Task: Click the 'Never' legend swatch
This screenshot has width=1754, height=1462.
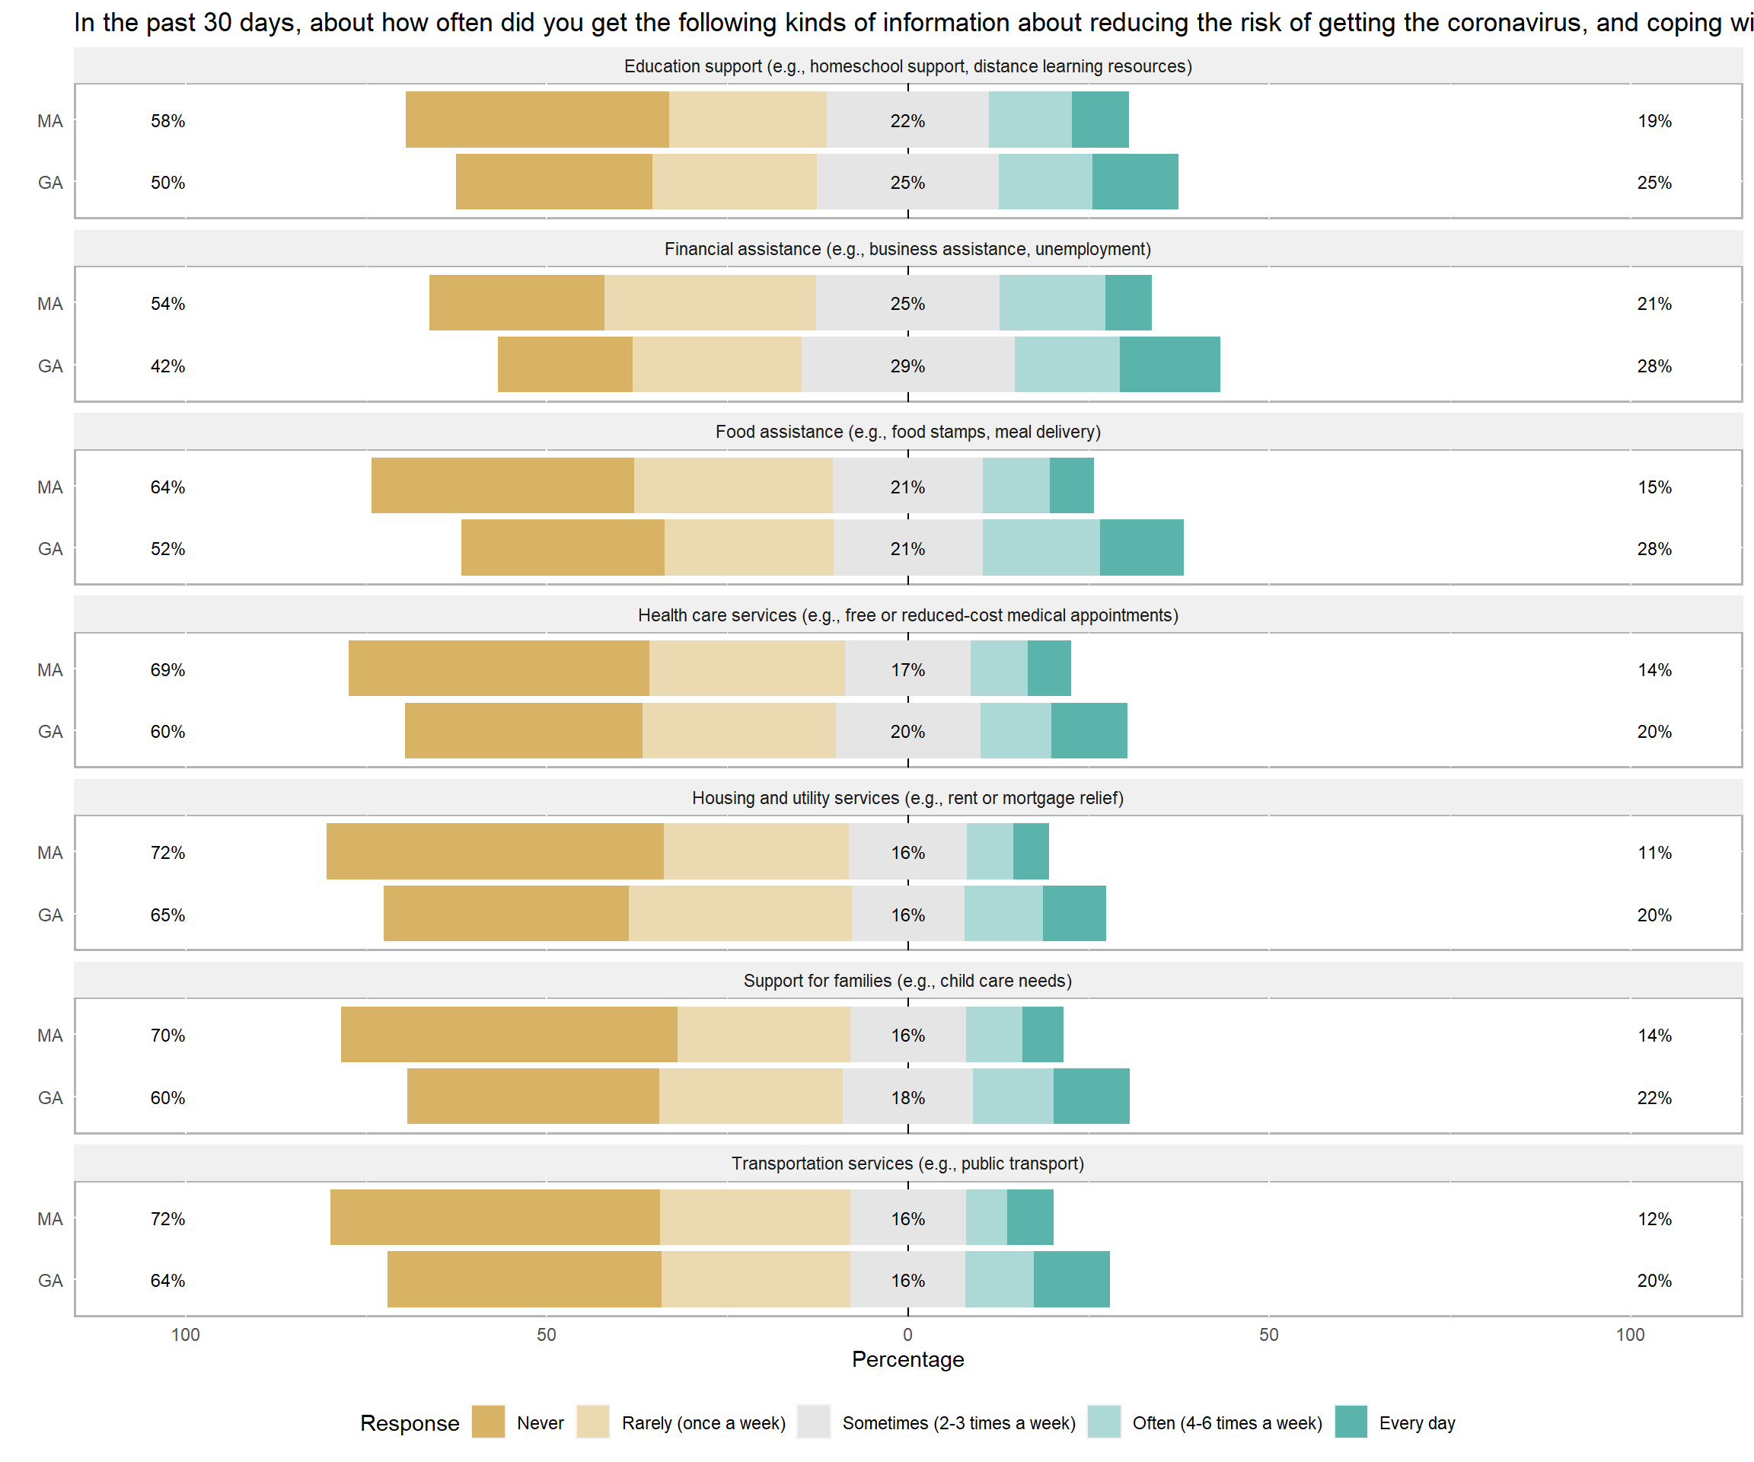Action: (488, 1422)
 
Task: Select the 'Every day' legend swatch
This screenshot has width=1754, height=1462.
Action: (1351, 1422)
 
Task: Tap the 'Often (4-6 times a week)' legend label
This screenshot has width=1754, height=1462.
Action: (1227, 1422)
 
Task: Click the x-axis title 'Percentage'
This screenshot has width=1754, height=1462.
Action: (908, 1359)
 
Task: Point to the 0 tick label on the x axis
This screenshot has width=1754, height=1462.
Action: (908, 1334)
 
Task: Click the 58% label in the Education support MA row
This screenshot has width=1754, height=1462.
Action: (168, 121)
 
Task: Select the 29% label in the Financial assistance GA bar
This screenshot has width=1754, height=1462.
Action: (908, 366)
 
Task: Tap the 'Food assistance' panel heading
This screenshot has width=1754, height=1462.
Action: (908, 432)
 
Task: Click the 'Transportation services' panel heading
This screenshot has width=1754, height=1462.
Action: (908, 1164)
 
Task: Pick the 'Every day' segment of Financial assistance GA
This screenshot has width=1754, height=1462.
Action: (1169, 364)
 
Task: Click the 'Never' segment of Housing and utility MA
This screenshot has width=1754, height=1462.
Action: (496, 851)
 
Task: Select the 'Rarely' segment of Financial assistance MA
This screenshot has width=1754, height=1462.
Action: (710, 302)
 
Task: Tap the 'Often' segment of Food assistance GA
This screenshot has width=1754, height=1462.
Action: (1041, 547)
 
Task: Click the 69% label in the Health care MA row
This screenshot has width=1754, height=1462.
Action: (168, 670)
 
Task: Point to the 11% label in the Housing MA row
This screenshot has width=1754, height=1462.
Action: (1654, 853)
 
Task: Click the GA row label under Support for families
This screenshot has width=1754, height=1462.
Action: (50, 1098)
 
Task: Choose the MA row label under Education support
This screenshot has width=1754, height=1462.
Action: (50, 121)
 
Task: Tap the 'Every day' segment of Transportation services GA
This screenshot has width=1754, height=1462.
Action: (1072, 1279)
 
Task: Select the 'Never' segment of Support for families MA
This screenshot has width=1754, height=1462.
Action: (509, 1034)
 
